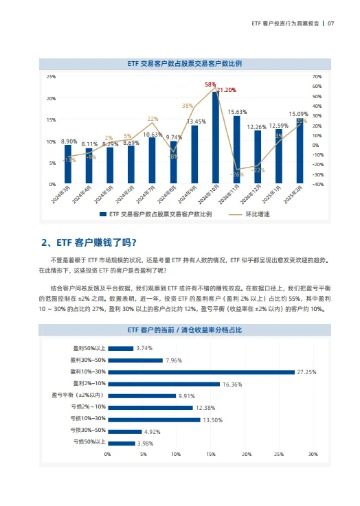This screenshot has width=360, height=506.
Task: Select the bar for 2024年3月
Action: pos(68,165)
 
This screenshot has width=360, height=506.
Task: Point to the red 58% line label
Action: pos(210,84)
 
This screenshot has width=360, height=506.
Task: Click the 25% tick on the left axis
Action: pos(51,77)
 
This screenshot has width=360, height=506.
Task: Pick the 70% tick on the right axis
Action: pos(317,77)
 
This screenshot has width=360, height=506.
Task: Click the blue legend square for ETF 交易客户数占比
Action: pos(103,214)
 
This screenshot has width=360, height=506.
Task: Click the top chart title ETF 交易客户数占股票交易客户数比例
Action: pos(185,62)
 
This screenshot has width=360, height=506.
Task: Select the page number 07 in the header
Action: pos(330,23)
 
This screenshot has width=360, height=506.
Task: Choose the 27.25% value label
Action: pos(306,372)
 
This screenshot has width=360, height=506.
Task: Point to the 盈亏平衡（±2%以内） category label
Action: pos(78,395)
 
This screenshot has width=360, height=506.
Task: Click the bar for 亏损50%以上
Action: pos(121,443)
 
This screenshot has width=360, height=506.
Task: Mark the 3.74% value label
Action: pos(144,348)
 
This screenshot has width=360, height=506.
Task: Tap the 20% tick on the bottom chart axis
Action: pos(245,455)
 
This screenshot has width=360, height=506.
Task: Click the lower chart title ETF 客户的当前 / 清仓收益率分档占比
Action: pos(185,330)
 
